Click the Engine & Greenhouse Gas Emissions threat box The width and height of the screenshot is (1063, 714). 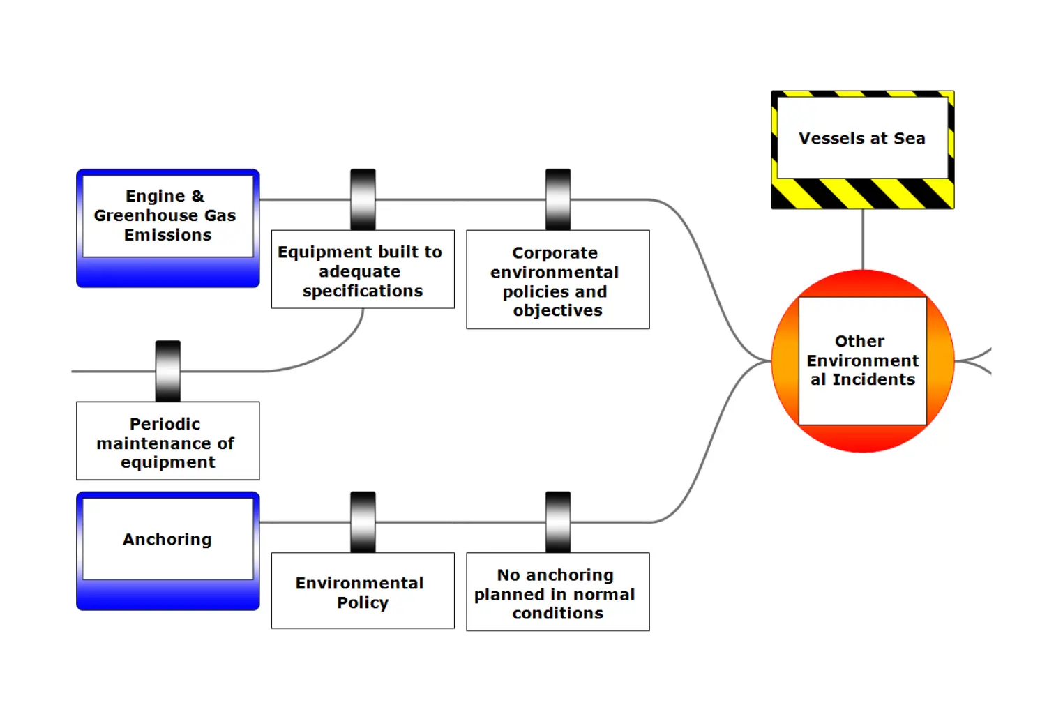[x=167, y=227]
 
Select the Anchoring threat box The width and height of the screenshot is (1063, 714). [x=167, y=550]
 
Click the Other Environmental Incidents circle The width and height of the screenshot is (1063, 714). [x=862, y=360]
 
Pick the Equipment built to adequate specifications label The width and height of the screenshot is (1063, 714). [x=362, y=271]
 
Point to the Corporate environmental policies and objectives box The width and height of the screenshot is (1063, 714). [x=557, y=280]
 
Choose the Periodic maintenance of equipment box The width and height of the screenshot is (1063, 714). [x=167, y=442]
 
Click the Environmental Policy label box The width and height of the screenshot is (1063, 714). [x=362, y=591]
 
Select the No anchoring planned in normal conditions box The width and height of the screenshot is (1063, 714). [x=557, y=593]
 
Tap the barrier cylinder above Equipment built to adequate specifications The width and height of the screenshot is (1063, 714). [x=363, y=199]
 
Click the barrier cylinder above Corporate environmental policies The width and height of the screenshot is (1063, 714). [x=558, y=199]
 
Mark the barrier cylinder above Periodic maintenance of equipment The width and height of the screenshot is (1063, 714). [x=167, y=371]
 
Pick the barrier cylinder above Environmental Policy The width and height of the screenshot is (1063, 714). [x=363, y=522]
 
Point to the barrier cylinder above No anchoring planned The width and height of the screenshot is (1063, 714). [x=558, y=522]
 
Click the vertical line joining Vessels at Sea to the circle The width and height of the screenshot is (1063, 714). [x=863, y=239]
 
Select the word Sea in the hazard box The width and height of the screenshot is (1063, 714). [x=909, y=138]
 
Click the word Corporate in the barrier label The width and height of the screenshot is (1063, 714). [x=555, y=252]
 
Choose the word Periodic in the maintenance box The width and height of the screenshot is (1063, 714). [x=165, y=424]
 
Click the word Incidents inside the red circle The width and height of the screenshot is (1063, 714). [x=873, y=379]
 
